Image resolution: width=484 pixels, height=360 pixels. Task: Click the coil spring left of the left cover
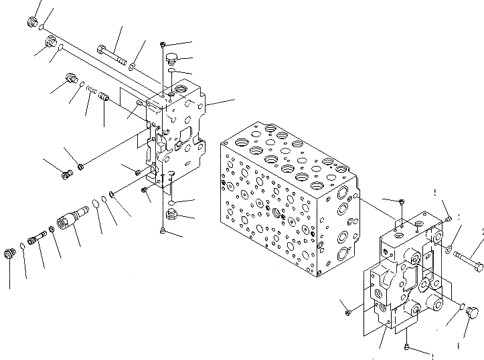(x=92, y=91)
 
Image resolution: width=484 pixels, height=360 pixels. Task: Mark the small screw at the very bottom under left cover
(x=164, y=231)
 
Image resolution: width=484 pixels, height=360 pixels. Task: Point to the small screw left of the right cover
(x=348, y=311)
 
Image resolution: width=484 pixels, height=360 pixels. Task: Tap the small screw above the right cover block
(x=400, y=201)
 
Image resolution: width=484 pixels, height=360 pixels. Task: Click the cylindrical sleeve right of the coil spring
(x=104, y=98)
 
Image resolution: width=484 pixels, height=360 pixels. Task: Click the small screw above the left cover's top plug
(x=163, y=44)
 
